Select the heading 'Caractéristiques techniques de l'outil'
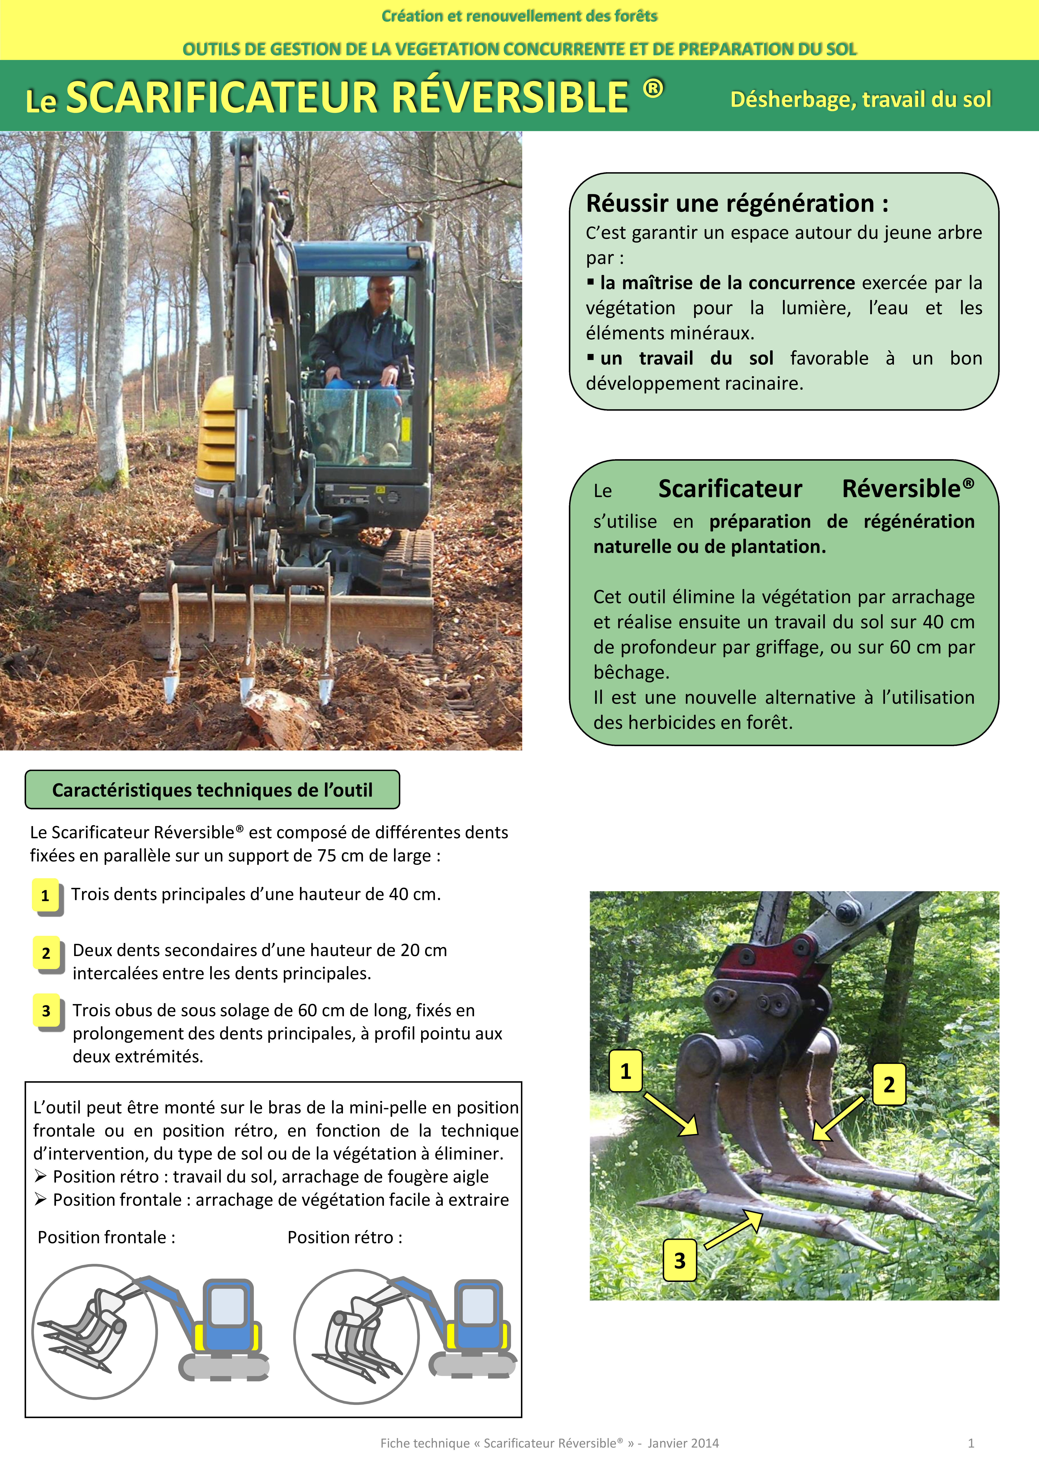[x=212, y=790]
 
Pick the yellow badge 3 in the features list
[x=46, y=1010]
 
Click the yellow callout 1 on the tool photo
[x=625, y=1070]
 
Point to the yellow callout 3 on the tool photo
[x=679, y=1260]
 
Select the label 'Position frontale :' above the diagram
[x=106, y=1237]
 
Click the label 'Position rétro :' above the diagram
[x=344, y=1237]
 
